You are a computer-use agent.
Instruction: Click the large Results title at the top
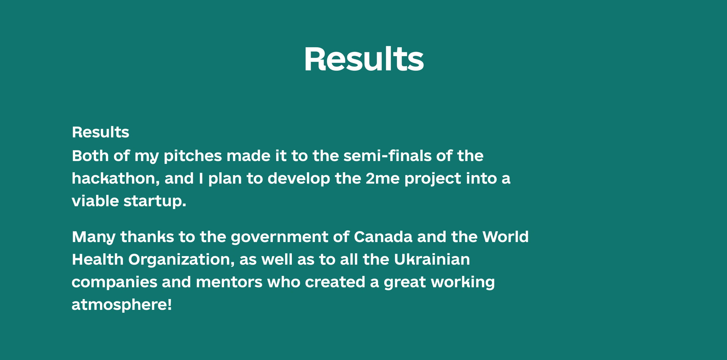pyautogui.click(x=363, y=59)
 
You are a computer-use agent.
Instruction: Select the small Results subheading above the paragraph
pyautogui.click(x=100, y=132)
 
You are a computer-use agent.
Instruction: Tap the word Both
pyautogui.click(x=90, y=156)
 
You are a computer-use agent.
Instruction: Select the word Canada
pyautogui.click(x=383, y=237)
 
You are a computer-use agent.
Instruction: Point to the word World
pyautogui.click(x=506, y=237)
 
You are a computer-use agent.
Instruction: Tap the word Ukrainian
pyautogui.click(x=432, y=259)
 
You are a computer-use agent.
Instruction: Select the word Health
pyautogui.click(x=98, y=259)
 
